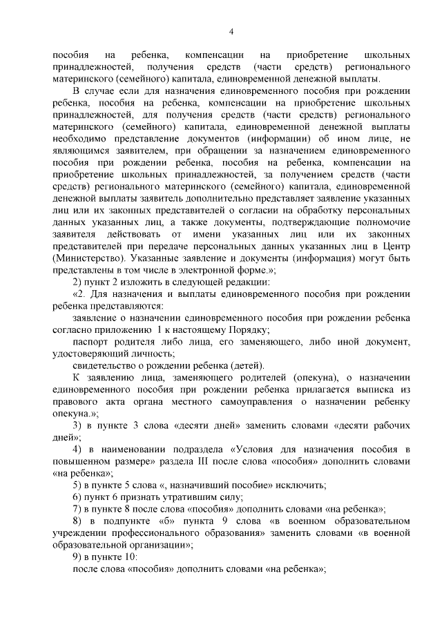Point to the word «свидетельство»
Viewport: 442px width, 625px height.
click(x=106, y=365)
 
